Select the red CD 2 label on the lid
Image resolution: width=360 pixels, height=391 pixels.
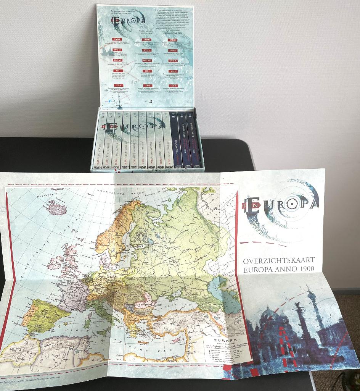click(x=147, y=71)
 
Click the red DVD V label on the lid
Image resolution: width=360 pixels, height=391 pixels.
click(x=146, y=50)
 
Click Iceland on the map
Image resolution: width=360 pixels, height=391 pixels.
click(x=56, y=208)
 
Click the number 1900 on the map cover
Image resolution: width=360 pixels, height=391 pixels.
click(x=307, y=269)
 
